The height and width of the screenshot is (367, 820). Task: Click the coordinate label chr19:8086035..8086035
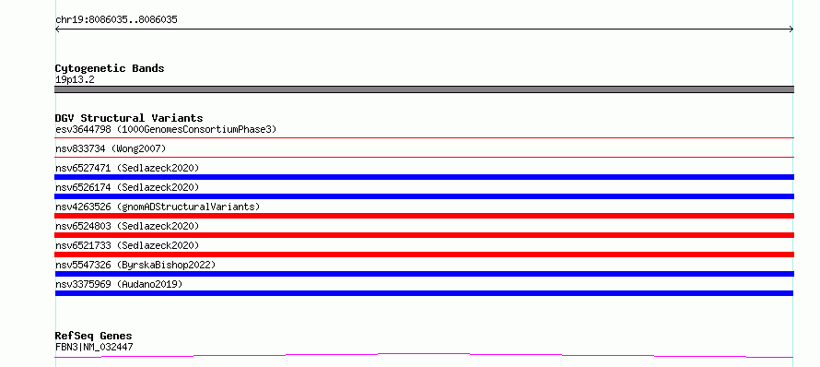click(x=116, y=20)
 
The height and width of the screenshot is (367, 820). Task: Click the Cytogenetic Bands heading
click(x=110, y=68)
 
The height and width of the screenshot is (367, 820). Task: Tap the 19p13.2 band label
click(x=75, y=80)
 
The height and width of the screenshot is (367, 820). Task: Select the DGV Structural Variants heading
click(x=129, y=118)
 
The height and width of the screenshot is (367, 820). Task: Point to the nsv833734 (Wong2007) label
click(x=111, y=148)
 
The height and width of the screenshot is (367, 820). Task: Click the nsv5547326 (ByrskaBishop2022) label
click(x=135, y=265)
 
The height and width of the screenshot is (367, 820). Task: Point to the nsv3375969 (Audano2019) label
click(x=119, y=284)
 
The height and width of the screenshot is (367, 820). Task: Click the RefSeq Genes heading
click(x=94, y=336)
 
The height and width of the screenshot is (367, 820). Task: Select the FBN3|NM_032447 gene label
click(x=94, y=347)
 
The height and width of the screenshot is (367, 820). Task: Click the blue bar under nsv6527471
click(x=424, y=177)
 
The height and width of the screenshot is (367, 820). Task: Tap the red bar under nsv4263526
click(x=424, y=216)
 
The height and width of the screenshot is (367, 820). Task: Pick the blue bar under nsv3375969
click(x=424, y=293)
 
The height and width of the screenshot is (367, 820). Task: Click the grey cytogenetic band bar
click(x=424, y=89)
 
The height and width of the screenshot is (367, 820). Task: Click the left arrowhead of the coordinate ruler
click(x=56, y=30)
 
